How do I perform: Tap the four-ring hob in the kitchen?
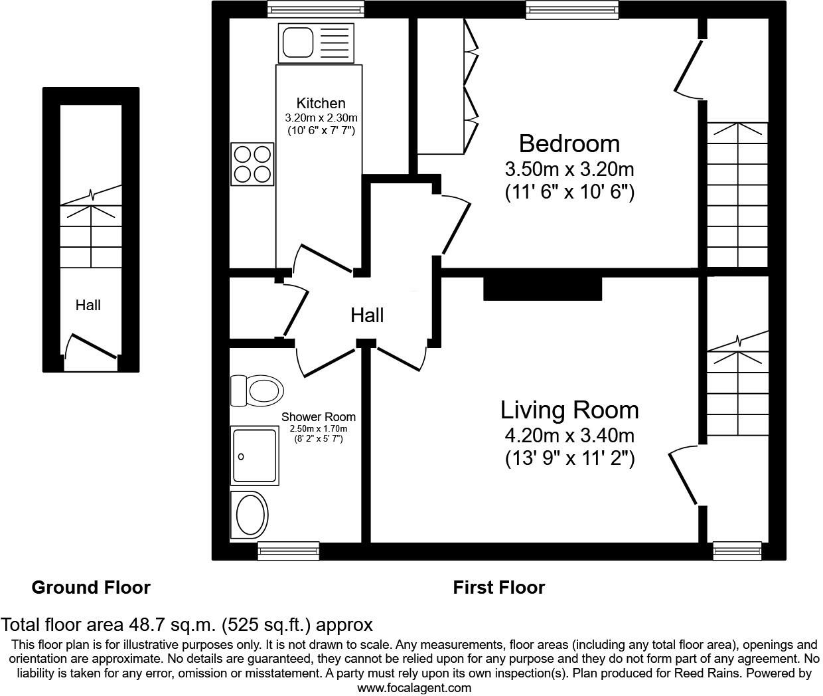coord(253,163)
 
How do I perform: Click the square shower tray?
coord(254,455)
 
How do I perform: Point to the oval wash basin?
coord(250,515)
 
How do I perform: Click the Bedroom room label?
coord(569,143)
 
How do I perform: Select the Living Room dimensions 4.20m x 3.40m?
coord(569,436)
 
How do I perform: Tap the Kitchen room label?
coord(321,103)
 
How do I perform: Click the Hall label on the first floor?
coord(367,315)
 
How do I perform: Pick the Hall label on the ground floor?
coord(88,305)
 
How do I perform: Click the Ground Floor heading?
coord(91,587)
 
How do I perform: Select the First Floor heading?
coord(498,587)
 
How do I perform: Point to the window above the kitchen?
coord(316,9)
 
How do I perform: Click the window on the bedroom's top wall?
coord(572,9)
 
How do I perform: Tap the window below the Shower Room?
coord(288,551)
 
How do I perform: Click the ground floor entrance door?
coord(91,350)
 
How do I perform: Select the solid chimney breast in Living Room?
coord(542,289)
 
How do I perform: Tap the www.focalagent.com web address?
coord(414,688)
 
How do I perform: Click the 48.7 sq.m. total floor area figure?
coord(171,624)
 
